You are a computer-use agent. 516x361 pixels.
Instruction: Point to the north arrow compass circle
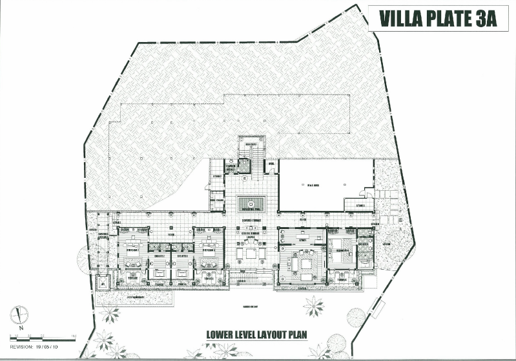20,315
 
